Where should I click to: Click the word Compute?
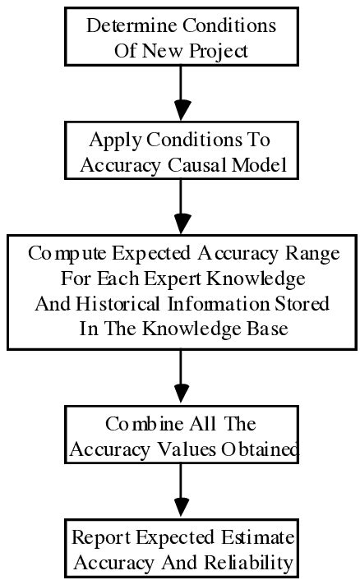tap(64, 253)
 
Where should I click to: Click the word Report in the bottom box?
tap(102, 538)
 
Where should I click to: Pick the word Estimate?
tap(257, 538)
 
